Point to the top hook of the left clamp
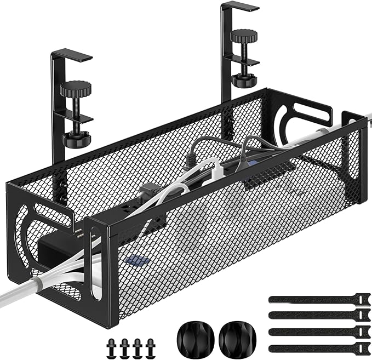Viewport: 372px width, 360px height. point(72,55)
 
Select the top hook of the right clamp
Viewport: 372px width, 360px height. point(239,7)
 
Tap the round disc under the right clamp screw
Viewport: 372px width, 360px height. point(244,81)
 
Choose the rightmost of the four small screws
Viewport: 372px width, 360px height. point(147,346)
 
